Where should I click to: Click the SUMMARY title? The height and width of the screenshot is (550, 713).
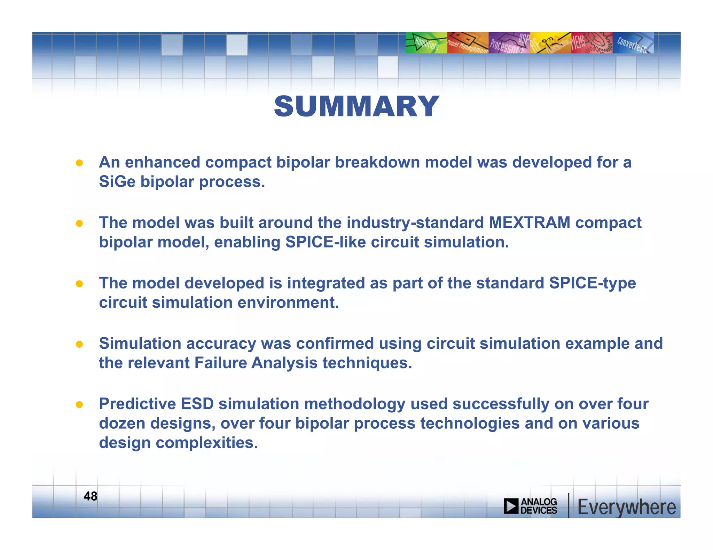tap(356, 106)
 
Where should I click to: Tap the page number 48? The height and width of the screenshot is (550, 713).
tap(91, 496)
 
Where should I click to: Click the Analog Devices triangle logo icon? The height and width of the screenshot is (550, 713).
tap(511, 506)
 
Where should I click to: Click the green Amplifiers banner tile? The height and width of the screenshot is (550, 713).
tap(426, 43)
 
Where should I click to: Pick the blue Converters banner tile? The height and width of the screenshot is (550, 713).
tap(633, 43)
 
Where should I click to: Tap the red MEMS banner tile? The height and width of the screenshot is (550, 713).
tap(591, 43)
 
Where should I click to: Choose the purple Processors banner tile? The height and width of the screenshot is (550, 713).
tap(509, 43)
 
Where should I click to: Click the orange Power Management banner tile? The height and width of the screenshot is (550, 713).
tap(468, 43)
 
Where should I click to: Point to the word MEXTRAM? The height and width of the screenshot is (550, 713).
tap(530, 223)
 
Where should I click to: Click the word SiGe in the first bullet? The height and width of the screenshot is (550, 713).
tap(117, 181)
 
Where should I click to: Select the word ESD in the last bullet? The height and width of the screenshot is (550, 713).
tap(197, 404)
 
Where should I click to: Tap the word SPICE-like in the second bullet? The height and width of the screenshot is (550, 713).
tap(326, 242)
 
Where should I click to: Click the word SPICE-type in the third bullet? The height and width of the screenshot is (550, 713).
tap(592, 283)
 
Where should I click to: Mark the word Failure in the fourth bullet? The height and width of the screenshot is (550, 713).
tap(220, 363)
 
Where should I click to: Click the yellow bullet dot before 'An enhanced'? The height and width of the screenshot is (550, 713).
tap(79, 163)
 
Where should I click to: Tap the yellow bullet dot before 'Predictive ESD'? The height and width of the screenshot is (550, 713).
tap(79, 405)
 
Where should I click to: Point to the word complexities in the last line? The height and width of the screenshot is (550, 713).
tap(207, 443)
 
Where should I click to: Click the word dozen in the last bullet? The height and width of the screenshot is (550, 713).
tap(122, 423)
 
